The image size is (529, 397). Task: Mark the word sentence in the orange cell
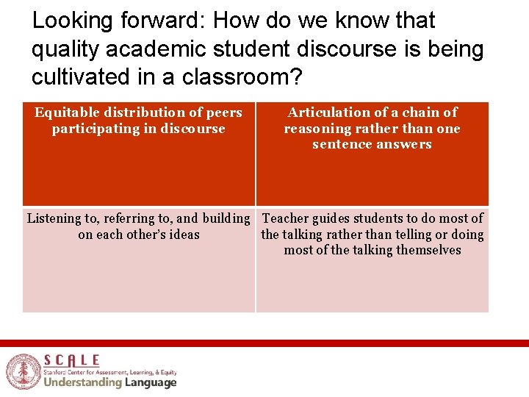(340, 145)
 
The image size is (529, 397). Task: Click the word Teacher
(287, 218)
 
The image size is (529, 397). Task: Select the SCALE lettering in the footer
(71, 360)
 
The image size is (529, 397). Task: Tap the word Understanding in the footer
(82, 382)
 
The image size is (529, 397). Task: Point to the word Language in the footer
(150, 382)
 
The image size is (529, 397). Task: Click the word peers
(224, 112)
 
